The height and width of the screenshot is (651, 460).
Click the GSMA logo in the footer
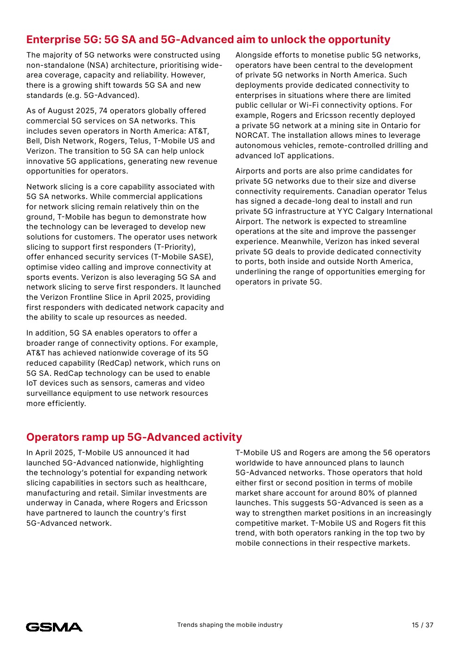click(x=54, y=627)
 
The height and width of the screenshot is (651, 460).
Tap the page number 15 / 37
click(x=422, y=625)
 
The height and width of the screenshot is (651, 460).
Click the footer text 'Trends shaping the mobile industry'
click(x=230, y=625)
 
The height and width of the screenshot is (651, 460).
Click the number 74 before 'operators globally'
click(x=103, y=111)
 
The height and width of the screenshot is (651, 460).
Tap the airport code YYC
click(x=345, y=212)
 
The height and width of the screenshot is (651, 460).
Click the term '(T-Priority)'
click(x=175, y=247)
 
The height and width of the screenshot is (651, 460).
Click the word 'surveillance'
click(x=50, y=393)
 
